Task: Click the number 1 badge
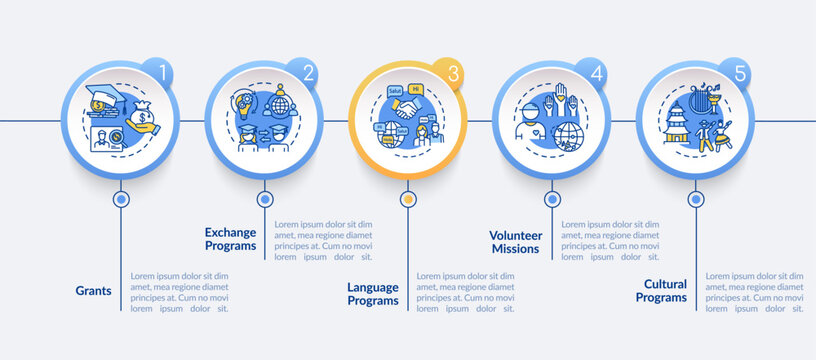[157, 73]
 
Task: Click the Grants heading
[93, 291]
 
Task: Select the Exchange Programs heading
[231, 239]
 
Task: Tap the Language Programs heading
[373, 294]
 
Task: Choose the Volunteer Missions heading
[515, 242]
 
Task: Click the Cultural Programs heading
[660, 290]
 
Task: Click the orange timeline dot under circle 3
[407, 199]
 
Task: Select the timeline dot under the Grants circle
[121, 199]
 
